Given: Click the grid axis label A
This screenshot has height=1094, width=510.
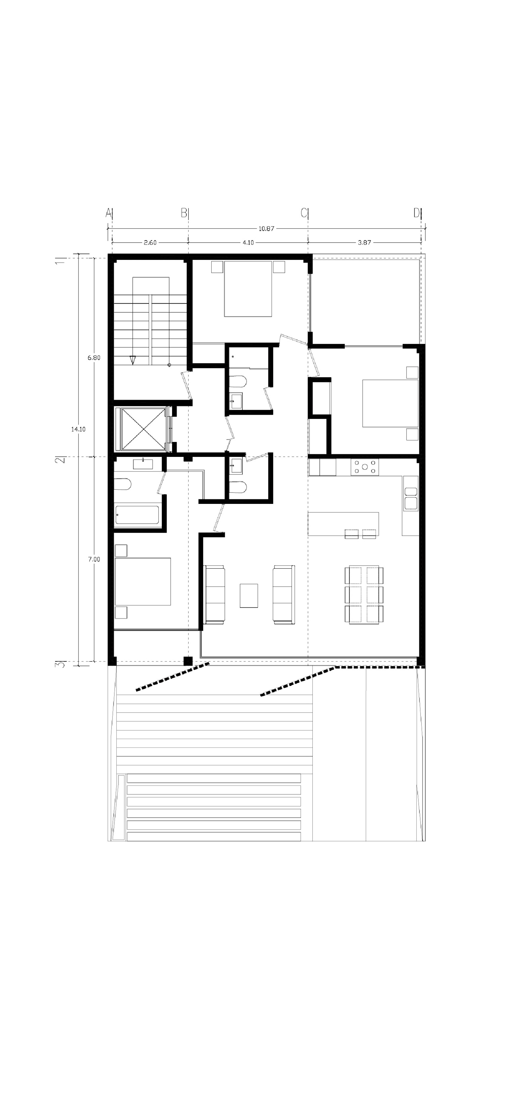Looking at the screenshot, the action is pyautogui.click(x=108, y=213).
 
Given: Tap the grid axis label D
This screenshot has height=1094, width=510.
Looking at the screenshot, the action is pyautogui.click(x=417, y=213).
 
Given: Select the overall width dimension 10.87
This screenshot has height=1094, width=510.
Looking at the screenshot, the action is pyautogui.click(x=266, y=228).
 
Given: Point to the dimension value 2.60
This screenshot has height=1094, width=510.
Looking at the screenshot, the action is pyautogui.click(x=150, y=243).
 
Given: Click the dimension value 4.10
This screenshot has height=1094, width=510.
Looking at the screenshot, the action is pyautogui.click(x=248, y=243).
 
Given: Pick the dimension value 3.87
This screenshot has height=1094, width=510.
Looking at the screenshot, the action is pyautogui.click(x=364, y=243).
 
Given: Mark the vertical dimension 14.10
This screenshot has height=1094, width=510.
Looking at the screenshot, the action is pyautogui.click(x=78, y=429).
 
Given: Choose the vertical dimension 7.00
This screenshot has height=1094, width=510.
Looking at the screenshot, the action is pyautogui.click(x=94, y=559).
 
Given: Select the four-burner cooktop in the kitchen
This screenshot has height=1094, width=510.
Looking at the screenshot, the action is pyautogui.click(x=365, y=467).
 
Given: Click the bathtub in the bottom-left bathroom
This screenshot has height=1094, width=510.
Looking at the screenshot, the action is pyautogui.click(x=138, y=515).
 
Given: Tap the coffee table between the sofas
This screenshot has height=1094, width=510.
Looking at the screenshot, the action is pyautogui.click(x=249, y=596).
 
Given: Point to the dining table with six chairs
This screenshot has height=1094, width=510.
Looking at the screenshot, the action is pyautogui.click(x=364, y=595).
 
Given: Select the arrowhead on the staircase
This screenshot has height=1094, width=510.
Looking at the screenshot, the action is pyautogui.click(x=133, y=360).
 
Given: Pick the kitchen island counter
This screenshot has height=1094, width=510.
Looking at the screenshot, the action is pyautogui.click(x=343, y=524).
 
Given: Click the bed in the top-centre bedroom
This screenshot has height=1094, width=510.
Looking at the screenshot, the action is pyautogui.click(x=248, y=289).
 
